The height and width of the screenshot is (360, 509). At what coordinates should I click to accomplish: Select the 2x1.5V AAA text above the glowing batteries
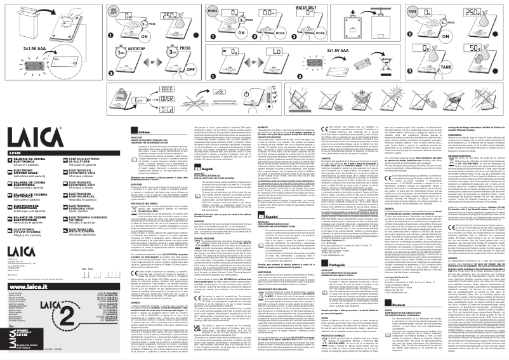[x=25, y=48]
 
